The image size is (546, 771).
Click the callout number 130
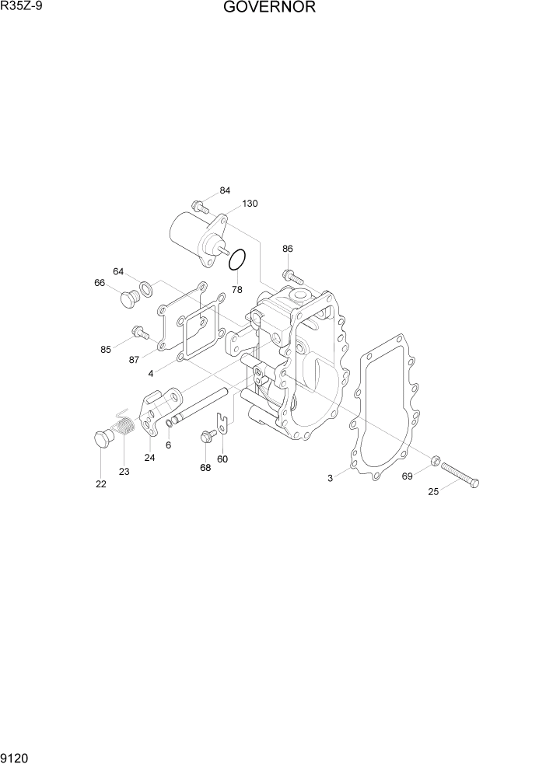[x=250, y=204]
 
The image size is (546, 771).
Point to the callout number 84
[x=225, y=190]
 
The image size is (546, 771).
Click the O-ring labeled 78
[x=238, y=260]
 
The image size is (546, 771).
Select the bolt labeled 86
[x=292, y=275]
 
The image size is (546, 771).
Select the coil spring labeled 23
[x=124, y=428]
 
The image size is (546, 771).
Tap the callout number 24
[x=149, y=458]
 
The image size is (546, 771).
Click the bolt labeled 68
[x=208, y=436]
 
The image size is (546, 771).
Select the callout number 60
[x=222, y=459]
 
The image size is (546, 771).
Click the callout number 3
[x=330, y=478]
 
